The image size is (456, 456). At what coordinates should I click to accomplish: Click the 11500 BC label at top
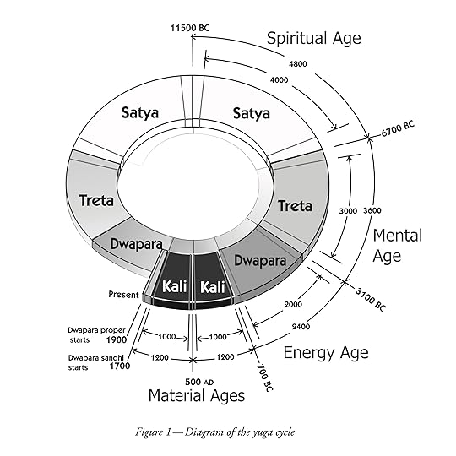click(x=188, y=28)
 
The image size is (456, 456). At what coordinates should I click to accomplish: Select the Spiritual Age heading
click(x=313, y=38)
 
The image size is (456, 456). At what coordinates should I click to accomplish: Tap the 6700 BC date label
click(x=398, y=128)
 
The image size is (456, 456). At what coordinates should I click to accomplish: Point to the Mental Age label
click(x=397, y=245)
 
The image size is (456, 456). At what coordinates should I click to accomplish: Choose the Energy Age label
click(x=325, y=352)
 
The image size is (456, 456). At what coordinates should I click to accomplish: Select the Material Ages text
click(x=197, y=395)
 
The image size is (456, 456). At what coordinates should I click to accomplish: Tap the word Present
click(x=123, y=294)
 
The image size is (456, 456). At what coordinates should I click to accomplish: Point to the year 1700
click(x=117, y=366)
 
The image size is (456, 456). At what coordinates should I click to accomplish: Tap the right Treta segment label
click(x=295, y=206)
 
